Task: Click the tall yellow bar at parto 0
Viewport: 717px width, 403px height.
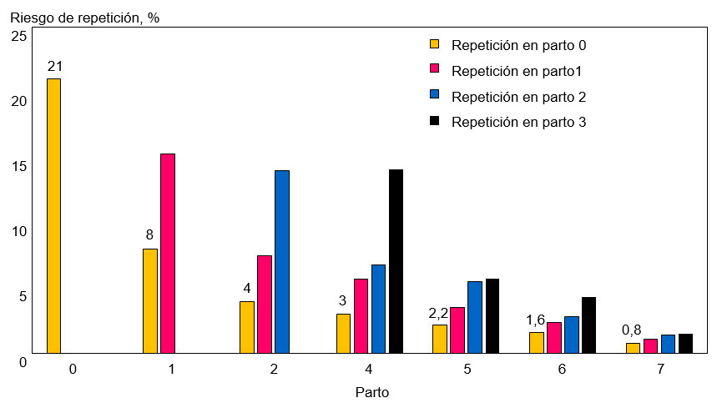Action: click(x=53, y=215)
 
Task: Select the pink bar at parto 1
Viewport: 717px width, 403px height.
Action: click(x=168, y=253)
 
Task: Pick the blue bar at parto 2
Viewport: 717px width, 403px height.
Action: click(x=282, y=261)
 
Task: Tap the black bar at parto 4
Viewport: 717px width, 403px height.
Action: click(x=396, y=261)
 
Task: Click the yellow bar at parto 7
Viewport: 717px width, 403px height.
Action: click(x=633, y=348)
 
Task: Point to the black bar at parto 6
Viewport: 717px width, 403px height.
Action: click(x=589, y=325)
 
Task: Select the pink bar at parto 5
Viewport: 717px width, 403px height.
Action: click(x=457, y=330)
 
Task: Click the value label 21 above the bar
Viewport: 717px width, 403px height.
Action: click(x=55, y=66)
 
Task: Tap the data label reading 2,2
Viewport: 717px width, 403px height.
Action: click(x=438, y=313)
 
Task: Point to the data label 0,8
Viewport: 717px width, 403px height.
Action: click(x=632, y=330)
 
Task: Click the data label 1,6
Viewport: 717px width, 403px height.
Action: click(x=535, y=320)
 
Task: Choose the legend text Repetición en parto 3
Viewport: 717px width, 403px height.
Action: click(x=518, y=122)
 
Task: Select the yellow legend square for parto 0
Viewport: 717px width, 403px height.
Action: click(x=434, y=44)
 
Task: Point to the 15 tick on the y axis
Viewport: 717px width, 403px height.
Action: click(x=18, y=165)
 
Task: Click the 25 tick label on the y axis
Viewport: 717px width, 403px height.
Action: click(x=18, y=36)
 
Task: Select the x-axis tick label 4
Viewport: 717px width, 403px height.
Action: click(x=369, y=369)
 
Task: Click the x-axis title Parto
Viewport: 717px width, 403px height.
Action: click(x=371, y=391)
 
